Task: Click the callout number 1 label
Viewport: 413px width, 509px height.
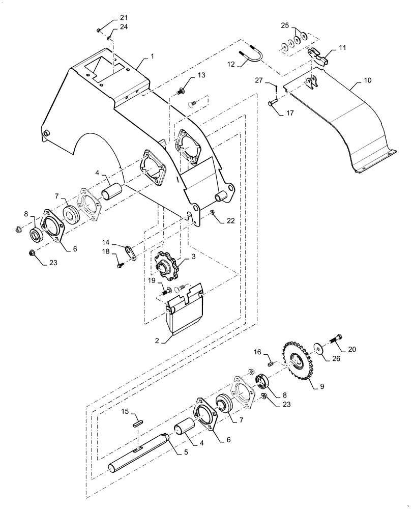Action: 152,56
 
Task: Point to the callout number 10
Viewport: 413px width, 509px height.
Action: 368,80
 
